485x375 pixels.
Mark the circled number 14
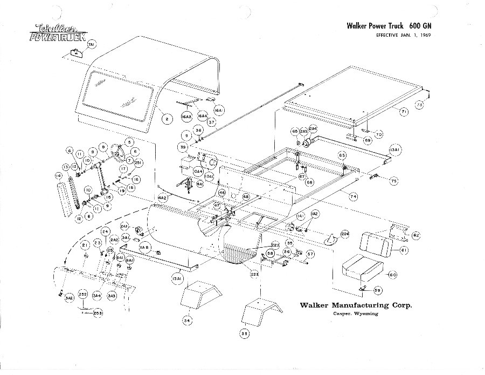tap(58, 175)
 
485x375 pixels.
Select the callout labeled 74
tap(354, 197)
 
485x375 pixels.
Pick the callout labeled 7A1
tap(91, 45)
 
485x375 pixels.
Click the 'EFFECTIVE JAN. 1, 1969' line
tap(399, 36)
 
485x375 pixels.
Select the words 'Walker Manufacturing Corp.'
tap(356, 305)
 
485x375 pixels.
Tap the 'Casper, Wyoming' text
tap(355, 315)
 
